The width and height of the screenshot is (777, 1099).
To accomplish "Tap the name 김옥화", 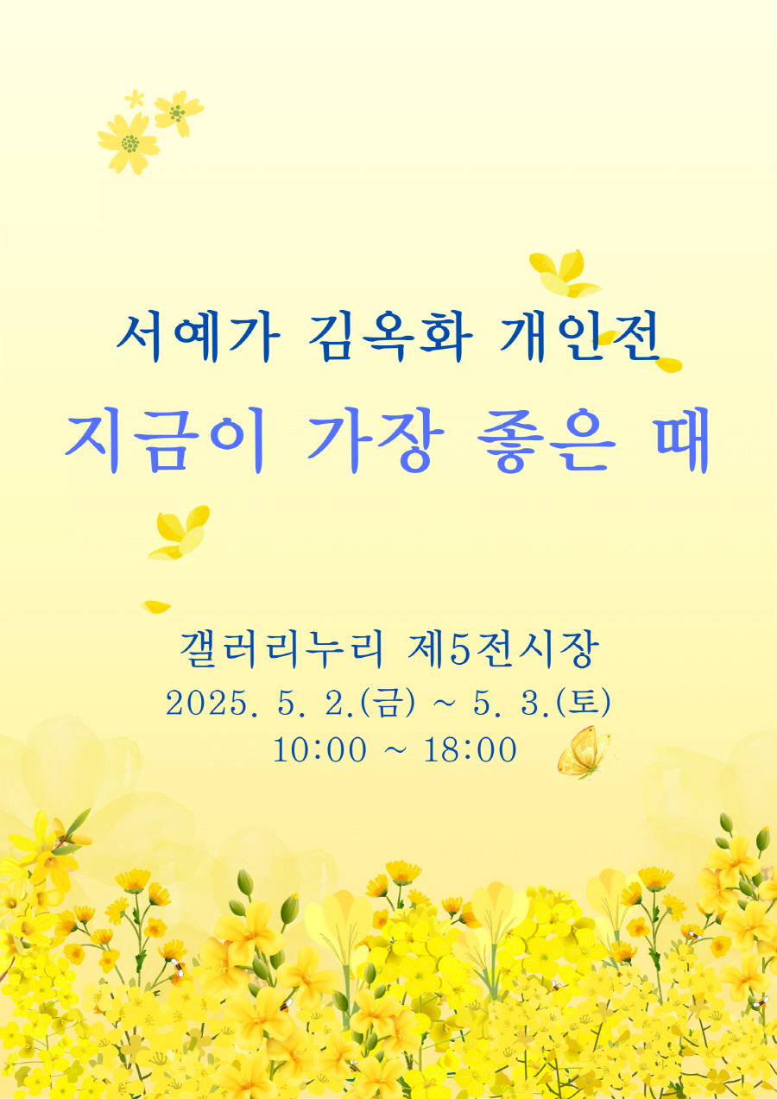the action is pos(390,338).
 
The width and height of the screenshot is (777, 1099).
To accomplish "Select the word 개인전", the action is pos(579,338).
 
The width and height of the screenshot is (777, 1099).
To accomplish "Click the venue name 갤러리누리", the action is pos(281,649).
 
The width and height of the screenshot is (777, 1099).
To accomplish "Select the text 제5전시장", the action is pos(503,649).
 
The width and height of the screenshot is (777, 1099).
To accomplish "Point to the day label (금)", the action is pos(388,704).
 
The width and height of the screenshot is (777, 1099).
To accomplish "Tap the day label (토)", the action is pos(584,704).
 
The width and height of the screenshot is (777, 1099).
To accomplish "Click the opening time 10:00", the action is pos(319,750).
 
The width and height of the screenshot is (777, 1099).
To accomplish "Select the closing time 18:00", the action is pos(470,750).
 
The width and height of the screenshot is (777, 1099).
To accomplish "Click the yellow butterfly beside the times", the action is pos(584,752).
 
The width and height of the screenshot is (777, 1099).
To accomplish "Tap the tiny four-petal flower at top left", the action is pos(134,98).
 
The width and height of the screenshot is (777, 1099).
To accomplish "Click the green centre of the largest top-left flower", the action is pos(130,144).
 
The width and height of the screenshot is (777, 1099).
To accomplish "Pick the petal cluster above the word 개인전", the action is pos(565,274).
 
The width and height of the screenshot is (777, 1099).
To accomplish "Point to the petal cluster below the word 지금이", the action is pos(180,533).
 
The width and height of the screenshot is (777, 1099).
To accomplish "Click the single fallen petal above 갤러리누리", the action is pos(155,607).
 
